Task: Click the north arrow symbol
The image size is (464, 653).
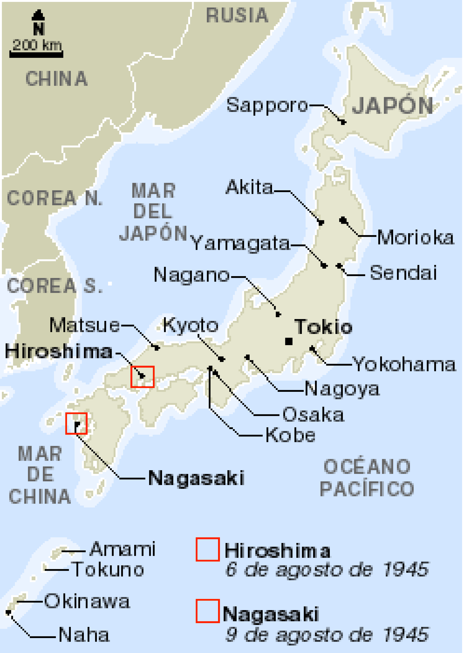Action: (38, 22)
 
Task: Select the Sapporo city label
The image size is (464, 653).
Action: (267, 105)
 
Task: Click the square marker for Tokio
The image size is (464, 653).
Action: (289, 341)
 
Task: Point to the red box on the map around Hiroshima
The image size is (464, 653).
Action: (142, 377)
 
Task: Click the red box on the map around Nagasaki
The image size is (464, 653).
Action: (76, 424)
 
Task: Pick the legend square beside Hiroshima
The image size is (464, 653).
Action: (208, 549)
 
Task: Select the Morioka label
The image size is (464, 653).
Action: (416, 237)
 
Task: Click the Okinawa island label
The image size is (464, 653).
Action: (87, 601)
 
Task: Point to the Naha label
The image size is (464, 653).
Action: (84, 635)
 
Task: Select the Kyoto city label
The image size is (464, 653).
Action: (191, 325)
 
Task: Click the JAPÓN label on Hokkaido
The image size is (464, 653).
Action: (392, 106)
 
